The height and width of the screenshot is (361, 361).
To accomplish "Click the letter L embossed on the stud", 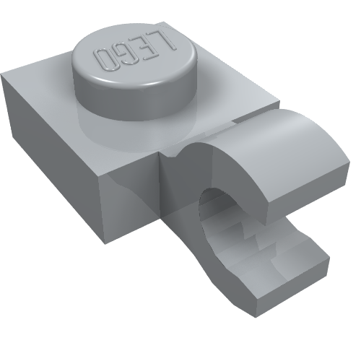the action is coord(167,41).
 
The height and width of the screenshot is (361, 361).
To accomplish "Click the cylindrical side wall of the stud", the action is coord(135,101).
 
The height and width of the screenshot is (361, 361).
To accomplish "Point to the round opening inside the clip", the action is coord(217,204).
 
